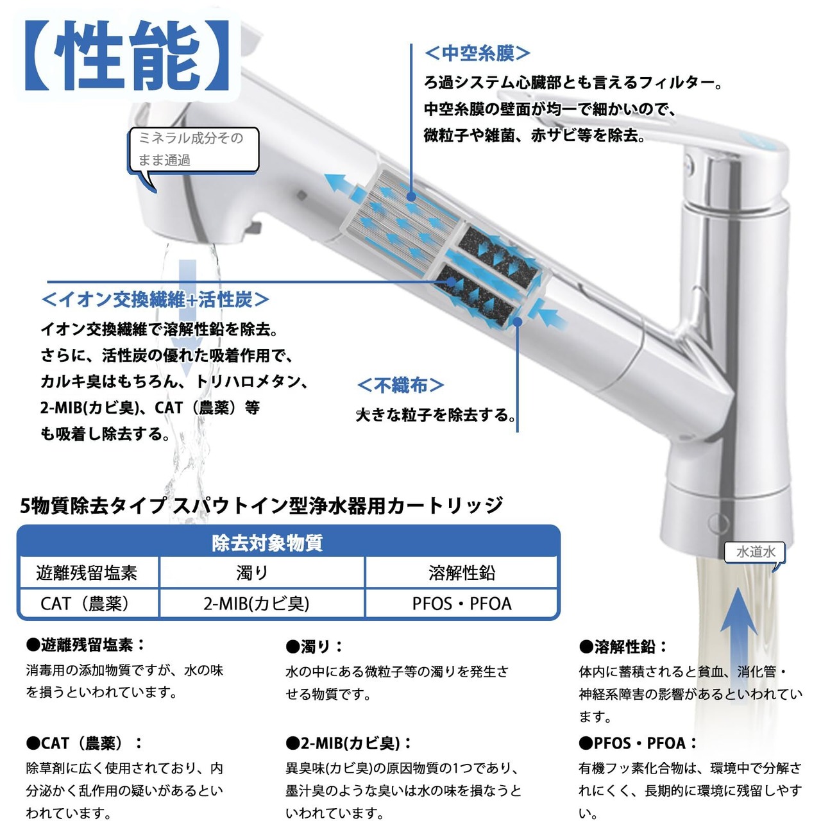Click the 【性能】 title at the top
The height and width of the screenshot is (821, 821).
click(x=128, y=55)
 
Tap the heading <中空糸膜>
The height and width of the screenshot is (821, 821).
click(x=478, y=53)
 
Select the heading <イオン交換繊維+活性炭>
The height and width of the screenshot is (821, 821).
click(x=155, y=300)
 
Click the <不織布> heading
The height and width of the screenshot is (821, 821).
click(x=400, y=385)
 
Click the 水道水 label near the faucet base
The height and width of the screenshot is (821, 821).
click(x=755, y=552)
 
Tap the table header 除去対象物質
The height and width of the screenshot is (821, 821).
click(x=267, y=543)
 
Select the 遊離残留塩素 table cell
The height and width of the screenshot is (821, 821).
click(x=87, y=573)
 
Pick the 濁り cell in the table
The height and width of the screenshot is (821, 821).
click(x=252, y=573)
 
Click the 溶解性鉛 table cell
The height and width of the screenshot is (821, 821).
click(x=462, y=573)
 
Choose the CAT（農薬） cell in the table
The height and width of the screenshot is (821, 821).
click(x=85, y=604)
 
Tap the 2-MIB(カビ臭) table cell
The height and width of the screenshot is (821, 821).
click(x=256, y=604)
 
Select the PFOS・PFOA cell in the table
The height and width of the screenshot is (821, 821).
click(x=462, y=604)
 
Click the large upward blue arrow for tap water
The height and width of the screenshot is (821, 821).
click(x=738, y=639)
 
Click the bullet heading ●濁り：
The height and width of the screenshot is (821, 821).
click(x=314, y=647)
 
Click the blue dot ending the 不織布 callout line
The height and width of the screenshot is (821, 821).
click(x=517, y=322)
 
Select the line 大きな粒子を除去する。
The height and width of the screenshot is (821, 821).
click(x=436, y=414)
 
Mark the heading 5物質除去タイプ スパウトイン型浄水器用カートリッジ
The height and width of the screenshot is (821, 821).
click(x=262, y=505)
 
